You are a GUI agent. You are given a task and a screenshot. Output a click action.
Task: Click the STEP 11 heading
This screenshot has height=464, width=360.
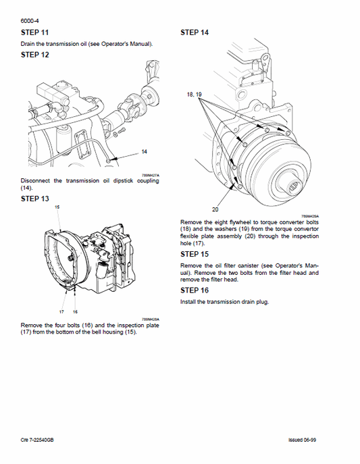pos(35,32)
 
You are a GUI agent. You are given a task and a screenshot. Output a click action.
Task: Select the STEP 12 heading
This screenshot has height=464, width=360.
pos(35,55)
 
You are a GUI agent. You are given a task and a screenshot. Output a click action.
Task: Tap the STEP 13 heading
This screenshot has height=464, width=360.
pos(35,199)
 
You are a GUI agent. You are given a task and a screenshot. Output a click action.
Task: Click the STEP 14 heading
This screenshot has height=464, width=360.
pos(195,32)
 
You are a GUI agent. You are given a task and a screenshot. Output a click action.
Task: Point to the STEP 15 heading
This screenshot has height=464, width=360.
pos(195,254)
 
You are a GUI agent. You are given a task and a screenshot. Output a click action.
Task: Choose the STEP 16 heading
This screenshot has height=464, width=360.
pos(195,291)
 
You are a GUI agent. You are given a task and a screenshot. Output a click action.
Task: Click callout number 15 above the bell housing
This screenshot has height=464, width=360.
pos(57,206)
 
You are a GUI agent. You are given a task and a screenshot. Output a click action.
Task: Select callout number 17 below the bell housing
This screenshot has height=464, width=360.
pos(61,311)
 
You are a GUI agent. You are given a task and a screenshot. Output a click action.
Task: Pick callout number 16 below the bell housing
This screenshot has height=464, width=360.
pos(75,311)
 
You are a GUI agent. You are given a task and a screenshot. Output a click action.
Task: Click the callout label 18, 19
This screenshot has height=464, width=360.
pos(195,95)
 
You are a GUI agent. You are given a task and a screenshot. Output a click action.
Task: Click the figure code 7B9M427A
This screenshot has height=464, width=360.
pos(158,174)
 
